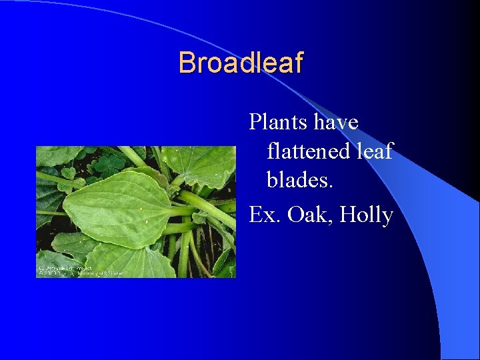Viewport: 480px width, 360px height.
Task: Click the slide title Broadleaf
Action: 240,63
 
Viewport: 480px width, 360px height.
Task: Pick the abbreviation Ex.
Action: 261,215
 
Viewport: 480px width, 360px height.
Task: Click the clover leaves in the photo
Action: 107,163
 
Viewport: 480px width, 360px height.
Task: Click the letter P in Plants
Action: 255,123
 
